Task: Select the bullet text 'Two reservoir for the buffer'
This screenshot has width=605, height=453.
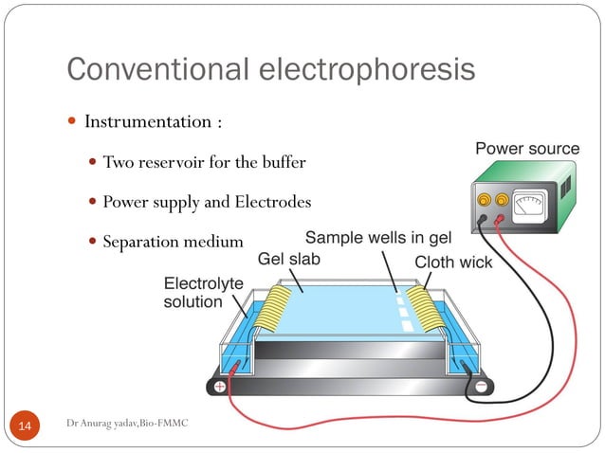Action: click(x=204, y=162)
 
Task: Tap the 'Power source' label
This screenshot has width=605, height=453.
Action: click(x=526, y=149)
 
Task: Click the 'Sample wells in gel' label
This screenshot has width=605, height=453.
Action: click(x=378, y=236)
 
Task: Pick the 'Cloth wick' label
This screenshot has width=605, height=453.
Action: click(x=453, y=261)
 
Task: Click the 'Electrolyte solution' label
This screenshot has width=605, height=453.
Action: click(x=203, y=293)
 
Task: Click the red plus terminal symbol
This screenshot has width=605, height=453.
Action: click(x=220, y=387)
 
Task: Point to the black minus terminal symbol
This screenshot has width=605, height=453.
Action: click(x=481, y=387)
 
